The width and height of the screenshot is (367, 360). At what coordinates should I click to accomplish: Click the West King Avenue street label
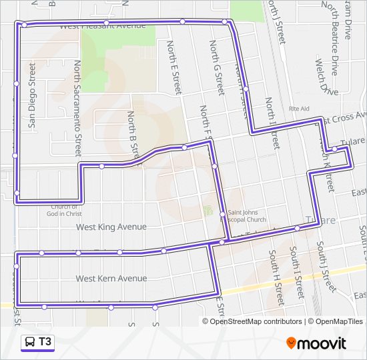(x=111, y=227)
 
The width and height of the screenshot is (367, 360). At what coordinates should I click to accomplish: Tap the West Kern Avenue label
(x=111, y=278)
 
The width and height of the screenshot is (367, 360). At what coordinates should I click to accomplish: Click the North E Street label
(x=173, y=67)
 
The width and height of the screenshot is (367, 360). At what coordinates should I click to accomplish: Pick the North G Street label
(x=216, y=67)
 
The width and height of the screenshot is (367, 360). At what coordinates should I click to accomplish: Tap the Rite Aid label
(x=299, y=108)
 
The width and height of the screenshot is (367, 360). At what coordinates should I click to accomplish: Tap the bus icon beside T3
(x=30, y=343)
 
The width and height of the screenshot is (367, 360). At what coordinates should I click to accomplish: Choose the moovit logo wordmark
(x=322, y=344)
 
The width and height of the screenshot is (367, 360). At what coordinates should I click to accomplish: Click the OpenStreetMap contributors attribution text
(x=255, y=321)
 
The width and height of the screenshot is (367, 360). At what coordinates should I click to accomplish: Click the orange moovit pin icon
(x=291, y=343)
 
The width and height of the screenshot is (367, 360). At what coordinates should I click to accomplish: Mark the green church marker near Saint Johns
(x=207, y=211)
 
